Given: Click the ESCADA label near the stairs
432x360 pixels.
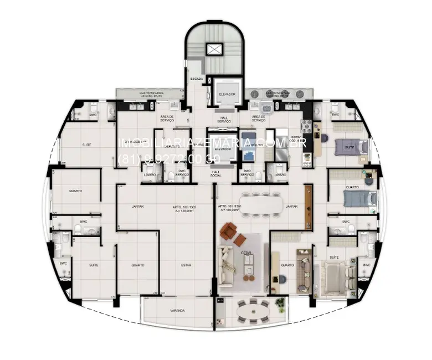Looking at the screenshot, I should coord(197,80).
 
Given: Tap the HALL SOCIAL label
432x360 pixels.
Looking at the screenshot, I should coord(216,173).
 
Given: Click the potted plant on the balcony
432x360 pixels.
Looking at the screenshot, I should coord(280,302).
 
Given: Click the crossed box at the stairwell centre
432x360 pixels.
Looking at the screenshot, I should coord(214,49).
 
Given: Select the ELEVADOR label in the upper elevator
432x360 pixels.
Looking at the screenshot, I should coord(227,95).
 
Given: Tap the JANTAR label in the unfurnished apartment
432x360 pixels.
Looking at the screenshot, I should coord(138,207).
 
